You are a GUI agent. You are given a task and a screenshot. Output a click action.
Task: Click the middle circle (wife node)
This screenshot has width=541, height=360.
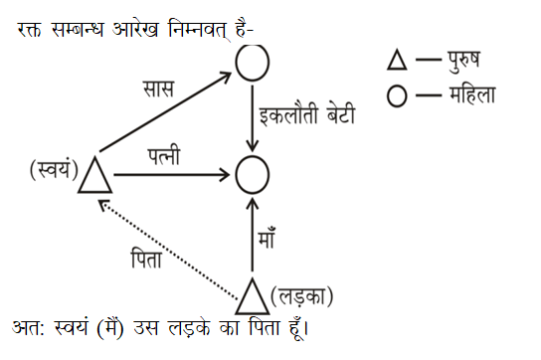(253, 176)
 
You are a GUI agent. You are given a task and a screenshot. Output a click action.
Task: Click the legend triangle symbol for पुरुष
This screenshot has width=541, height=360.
(397, 62)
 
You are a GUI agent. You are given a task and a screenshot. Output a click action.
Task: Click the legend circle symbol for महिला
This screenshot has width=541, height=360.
(397, 95)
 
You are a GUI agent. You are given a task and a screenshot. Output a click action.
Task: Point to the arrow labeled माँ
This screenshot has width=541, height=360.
(253, 237)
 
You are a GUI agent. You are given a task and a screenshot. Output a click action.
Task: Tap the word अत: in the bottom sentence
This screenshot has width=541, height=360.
(30, 328)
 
